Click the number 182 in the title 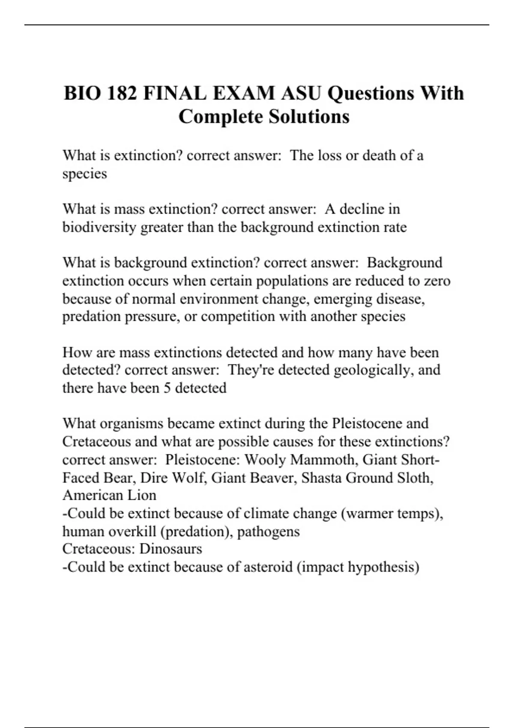click(x=122, y=93)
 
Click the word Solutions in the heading click(x=309, y=117)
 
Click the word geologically click(x=374, y=370)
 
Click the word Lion click(x=142, y=495)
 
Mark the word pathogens click(x=269, y=531)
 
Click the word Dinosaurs click(x=171, y=549)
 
